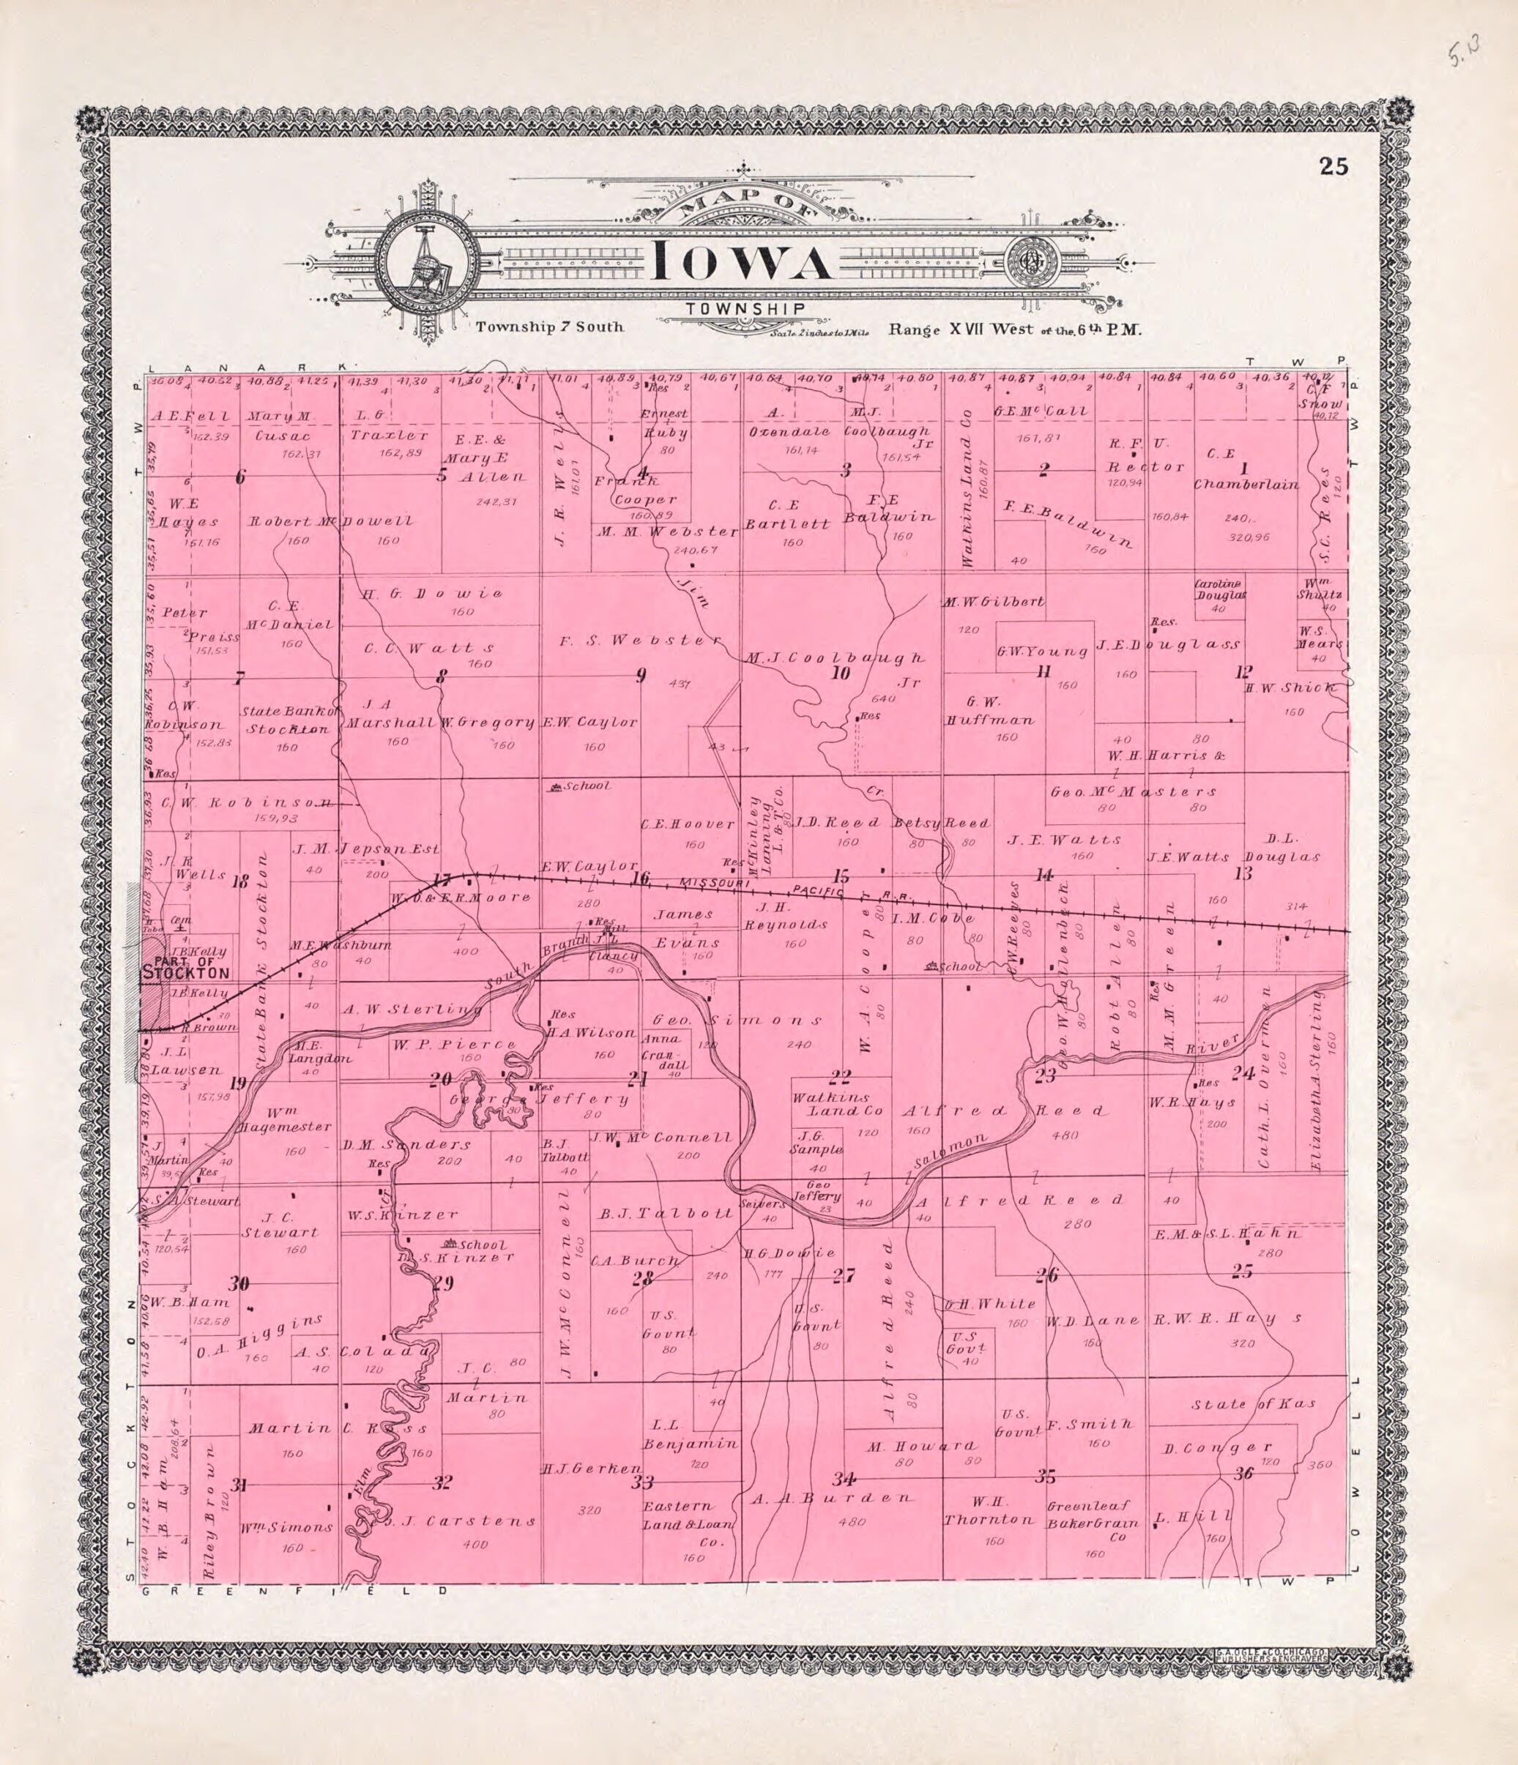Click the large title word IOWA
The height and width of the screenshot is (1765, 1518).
pos(741,264)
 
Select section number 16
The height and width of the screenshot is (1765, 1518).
pos(640,878)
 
